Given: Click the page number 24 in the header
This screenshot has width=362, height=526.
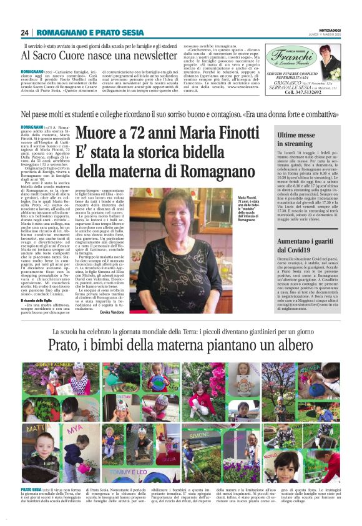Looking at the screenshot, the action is click(x=25, y=32).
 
